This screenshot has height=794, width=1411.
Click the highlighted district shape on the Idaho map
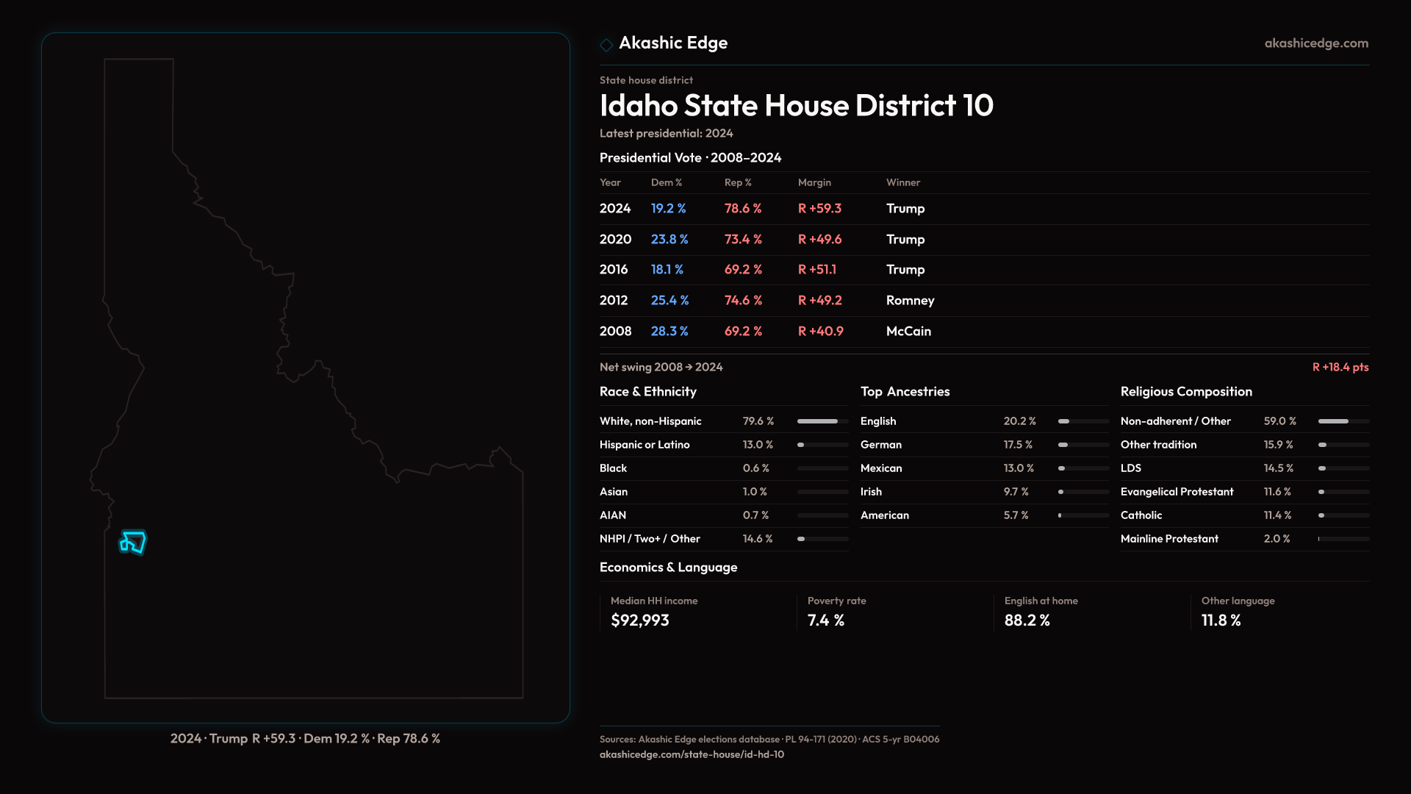click(133, 543)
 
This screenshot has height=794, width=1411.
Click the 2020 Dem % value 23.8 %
click(669, 240)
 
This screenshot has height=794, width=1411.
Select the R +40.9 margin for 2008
click(820, 332)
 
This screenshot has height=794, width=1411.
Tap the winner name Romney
click(910, 301)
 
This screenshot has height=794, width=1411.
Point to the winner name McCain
click(908, 332)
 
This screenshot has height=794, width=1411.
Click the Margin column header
click(814, 182)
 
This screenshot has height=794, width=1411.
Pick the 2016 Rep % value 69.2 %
click(743, 270)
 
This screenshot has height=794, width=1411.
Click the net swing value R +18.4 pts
click(1340, 367)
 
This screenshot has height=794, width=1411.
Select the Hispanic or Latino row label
click(644, 445)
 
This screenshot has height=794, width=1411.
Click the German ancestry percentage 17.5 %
click(1018, 445)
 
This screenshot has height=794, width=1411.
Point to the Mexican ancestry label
click(880, 468)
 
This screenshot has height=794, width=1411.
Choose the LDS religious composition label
click(1130, 468)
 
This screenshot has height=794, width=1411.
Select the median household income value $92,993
click(639, 620)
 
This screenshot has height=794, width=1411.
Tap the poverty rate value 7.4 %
click(825, 620)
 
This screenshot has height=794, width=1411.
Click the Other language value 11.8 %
click(1221, 620)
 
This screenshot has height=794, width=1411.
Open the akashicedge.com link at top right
click(1315, 43)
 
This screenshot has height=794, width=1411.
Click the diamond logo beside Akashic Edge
click(606, 45)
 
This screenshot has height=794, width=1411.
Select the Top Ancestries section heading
click(905, 392)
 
